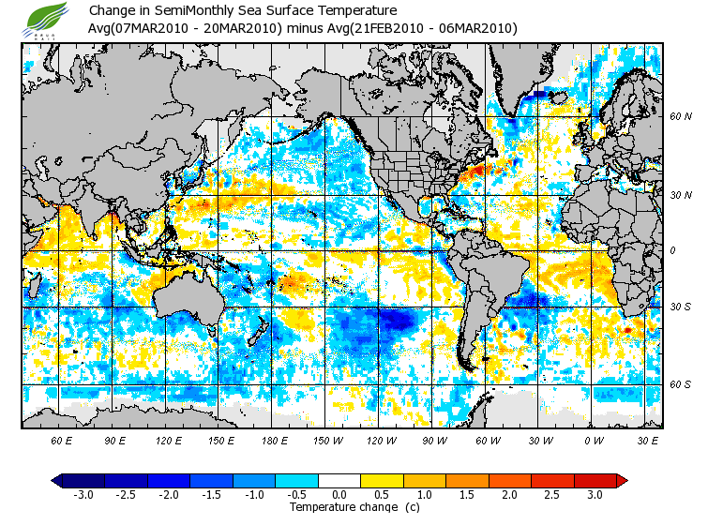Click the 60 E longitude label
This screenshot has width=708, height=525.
(62, 440)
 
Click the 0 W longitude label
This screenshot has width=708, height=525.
(593, 440)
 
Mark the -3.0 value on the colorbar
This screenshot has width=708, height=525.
(83, 495)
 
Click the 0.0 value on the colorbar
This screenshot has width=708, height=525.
(339, 495)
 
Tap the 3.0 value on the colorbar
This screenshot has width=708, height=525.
(595, 495)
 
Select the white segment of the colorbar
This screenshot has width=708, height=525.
(339, 480)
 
